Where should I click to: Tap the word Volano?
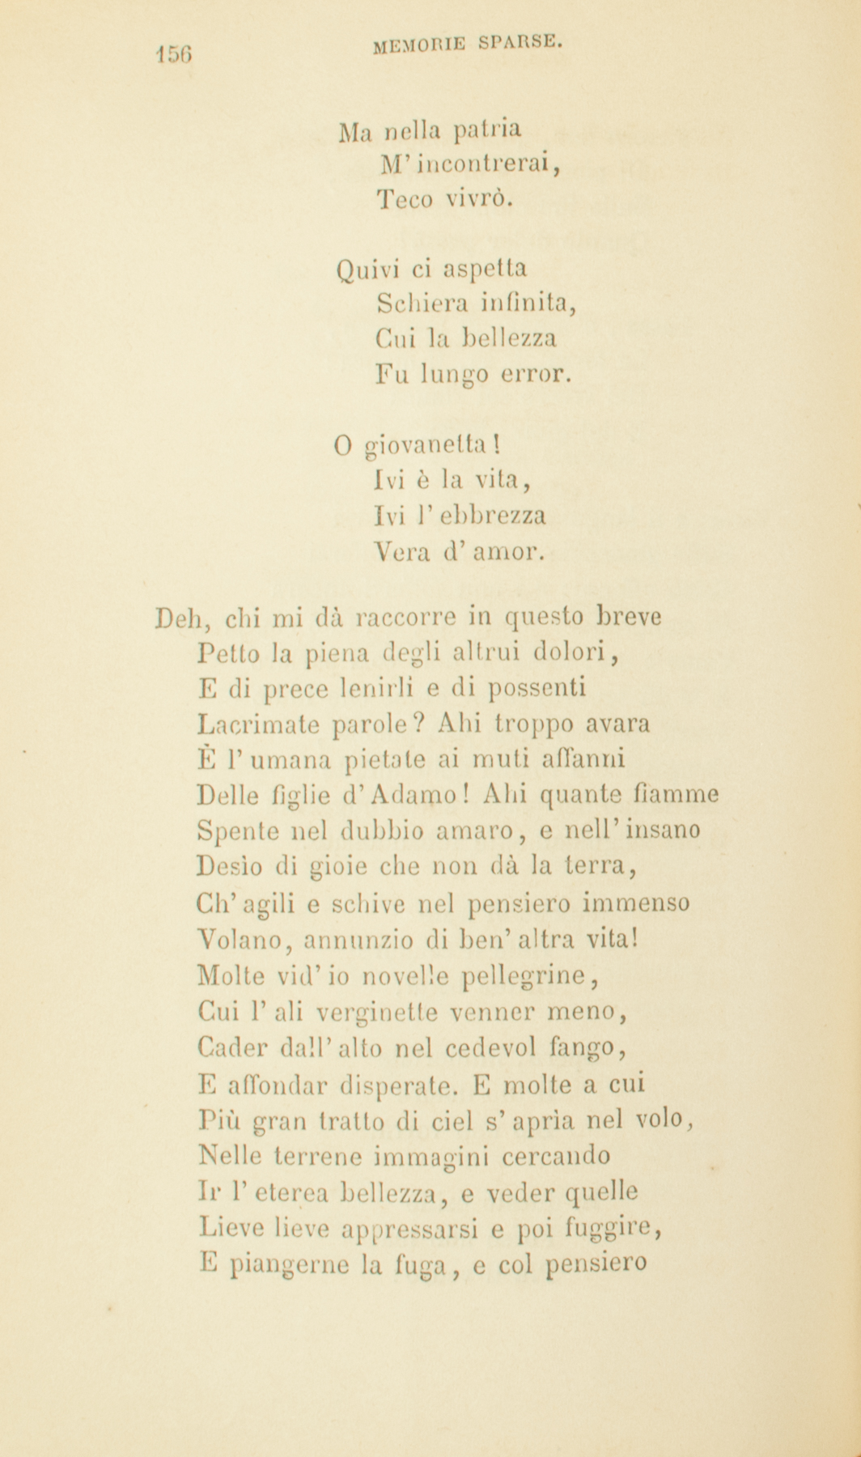pos(244,941)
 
